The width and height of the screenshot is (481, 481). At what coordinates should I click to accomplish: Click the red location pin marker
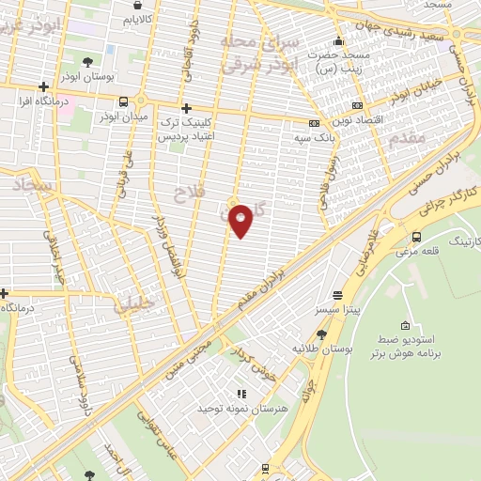pyautogui.click(x=241, y=220)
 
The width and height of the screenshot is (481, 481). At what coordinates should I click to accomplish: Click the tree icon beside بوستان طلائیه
pyautogui.click(x=321, y=334)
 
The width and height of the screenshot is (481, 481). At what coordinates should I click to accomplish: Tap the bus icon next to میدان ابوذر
pyautogui.click(x=123, y=101)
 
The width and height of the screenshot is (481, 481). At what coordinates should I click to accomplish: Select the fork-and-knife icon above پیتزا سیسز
pyautogui.click(x=337, y=294)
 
